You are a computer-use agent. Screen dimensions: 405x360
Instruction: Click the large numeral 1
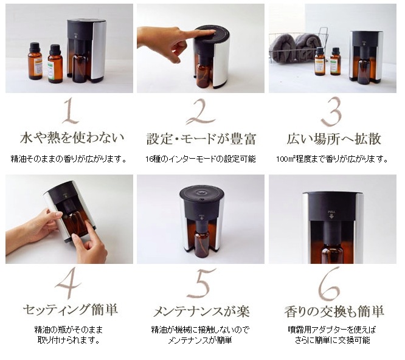(x=71, y=111)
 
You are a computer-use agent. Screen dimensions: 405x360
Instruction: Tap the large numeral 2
(x=201, y=111)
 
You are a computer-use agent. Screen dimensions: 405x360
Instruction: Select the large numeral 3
(x=331, y=111)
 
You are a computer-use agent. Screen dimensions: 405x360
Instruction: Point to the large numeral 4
(x=68, y=283)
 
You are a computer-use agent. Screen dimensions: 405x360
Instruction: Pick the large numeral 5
(x=201, y=283)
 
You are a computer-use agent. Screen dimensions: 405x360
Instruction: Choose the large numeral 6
(x=329, y=283)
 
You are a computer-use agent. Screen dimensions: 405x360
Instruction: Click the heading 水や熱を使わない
(x=72, y=137)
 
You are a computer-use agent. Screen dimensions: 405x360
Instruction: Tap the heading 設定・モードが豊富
(x=201, y=139)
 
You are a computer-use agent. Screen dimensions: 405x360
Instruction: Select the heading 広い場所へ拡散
(x=334, y=139)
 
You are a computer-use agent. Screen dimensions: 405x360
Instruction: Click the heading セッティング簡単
(x=71, y=310)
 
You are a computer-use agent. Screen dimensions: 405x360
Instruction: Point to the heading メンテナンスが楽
(x=201, y=311)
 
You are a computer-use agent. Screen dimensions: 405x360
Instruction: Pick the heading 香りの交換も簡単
(x=334, y=311)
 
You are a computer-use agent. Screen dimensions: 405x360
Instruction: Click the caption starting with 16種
(x=201, y=159)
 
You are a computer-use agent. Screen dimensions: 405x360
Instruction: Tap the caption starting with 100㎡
(x=332, y=159)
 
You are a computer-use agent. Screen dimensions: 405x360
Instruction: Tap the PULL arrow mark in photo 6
(x=331, y=214)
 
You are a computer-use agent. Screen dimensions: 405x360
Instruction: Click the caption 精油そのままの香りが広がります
(x=69, y=159)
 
